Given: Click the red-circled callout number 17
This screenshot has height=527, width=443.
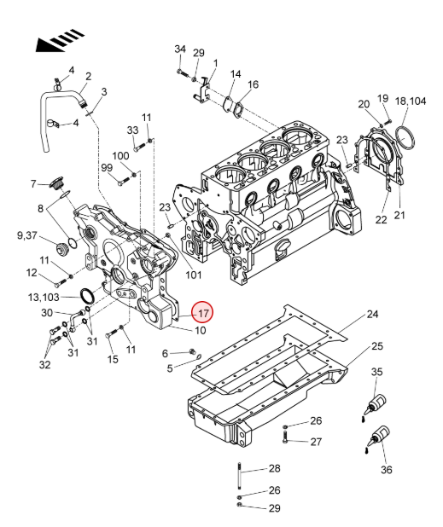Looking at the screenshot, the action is (x=202, y=313).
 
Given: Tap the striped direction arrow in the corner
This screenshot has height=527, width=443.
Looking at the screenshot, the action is (x=60, y=40).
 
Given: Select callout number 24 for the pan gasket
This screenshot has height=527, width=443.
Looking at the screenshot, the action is (x=372, y=315).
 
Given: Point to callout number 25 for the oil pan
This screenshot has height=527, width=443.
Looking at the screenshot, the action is (x=377, y=346).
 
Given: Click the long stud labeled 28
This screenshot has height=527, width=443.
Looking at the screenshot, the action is (x=240, y=478).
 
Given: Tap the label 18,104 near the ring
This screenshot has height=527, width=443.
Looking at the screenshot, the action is (x=410, y=101).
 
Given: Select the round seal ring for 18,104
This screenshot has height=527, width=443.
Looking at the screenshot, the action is (x=405, y=139).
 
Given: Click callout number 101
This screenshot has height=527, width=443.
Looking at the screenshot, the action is (x=194, y=275).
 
